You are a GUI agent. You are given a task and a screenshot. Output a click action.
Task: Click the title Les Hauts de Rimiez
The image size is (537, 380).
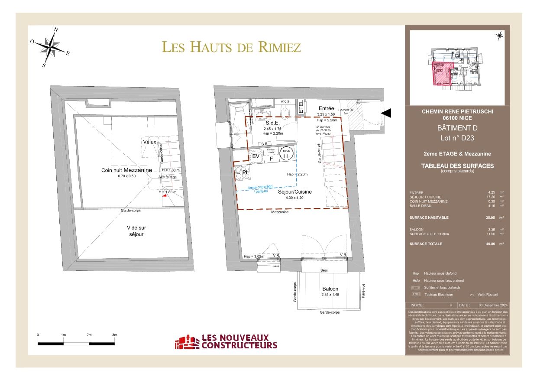click(x=231, y=47)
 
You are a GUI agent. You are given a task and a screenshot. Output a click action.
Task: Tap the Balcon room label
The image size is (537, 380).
click(x=330, y=289)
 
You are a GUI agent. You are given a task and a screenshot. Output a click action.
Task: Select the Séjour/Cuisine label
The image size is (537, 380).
click(x=295, y=192)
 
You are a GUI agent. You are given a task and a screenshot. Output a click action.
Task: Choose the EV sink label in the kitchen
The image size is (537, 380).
click(x=256, y=156)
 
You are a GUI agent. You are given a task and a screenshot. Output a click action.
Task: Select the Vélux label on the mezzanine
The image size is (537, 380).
click(x=149, y=142)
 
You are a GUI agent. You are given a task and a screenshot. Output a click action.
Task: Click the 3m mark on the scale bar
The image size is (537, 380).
click(x=114, y=335)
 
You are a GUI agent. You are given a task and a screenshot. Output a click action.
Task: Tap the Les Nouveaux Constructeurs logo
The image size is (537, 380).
click(x=225, y=342)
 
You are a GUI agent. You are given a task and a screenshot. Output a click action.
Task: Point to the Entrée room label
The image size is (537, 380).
click(x=326, y=108)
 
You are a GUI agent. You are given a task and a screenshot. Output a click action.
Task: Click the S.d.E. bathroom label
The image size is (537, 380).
click(x=272, y=123)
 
